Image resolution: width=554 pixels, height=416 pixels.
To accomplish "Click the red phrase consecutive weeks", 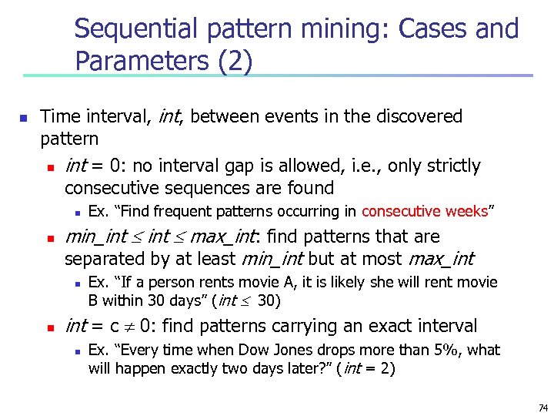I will pyautogui.click(x=425, y=211).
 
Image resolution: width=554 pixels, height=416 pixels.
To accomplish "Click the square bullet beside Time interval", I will pyautogui.click(x=23, y=119).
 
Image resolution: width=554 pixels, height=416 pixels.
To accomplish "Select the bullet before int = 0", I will pyautogui.click(x=48, y=167).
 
